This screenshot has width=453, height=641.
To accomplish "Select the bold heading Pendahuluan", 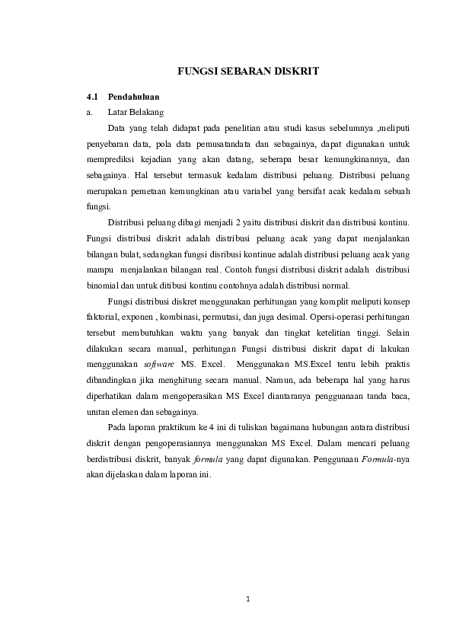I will point(133,97).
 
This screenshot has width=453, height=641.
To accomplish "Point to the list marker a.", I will point(89,112).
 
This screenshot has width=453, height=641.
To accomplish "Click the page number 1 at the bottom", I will point(248,598).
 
